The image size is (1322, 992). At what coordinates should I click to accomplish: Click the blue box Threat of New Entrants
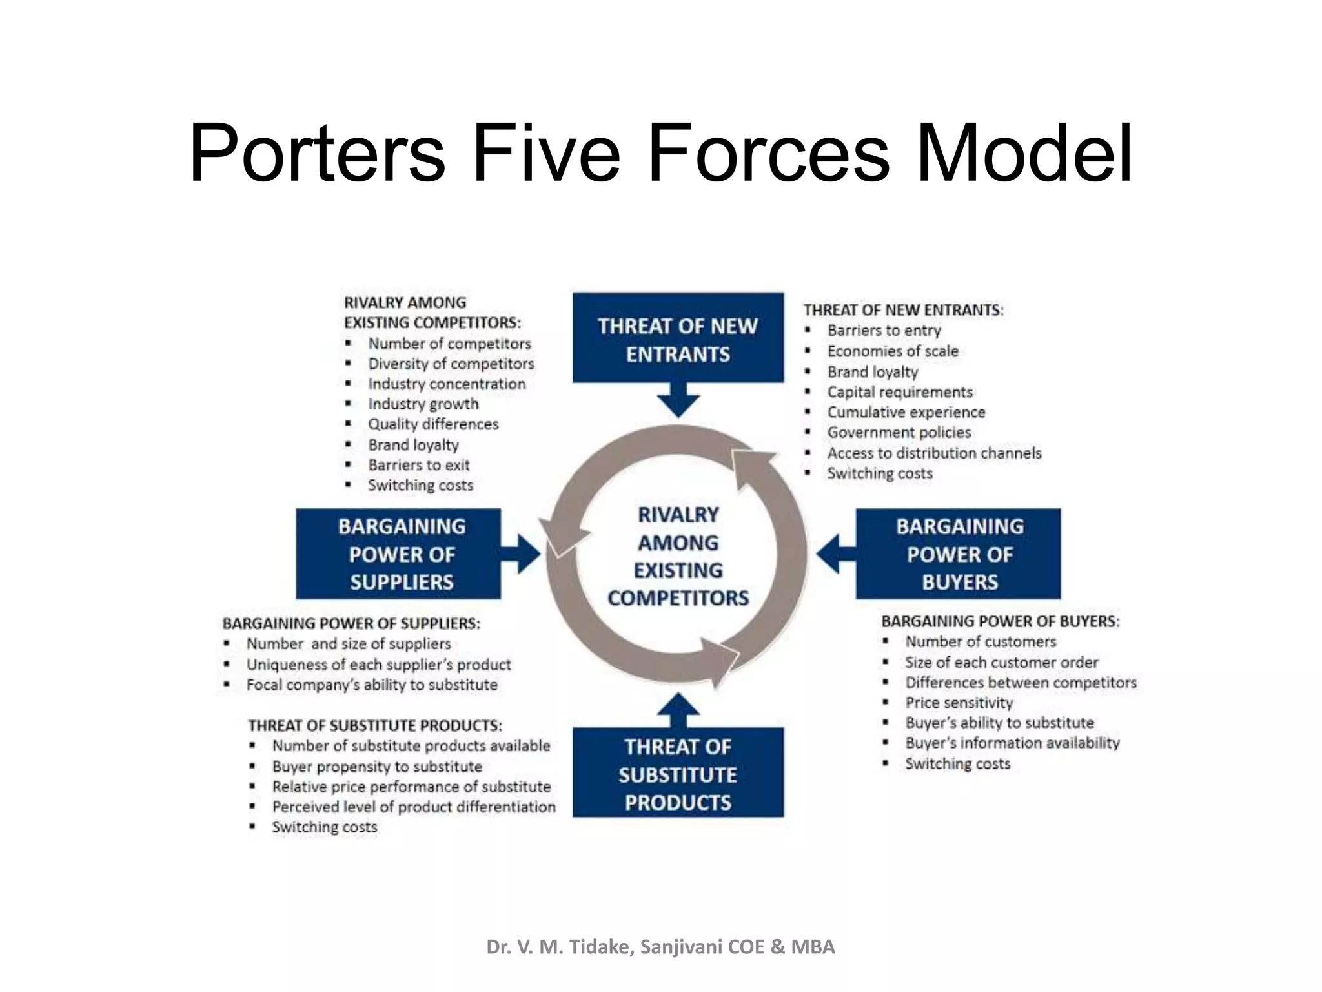click(x=678, y=338)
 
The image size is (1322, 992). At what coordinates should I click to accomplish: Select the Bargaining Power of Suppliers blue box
click(x=398, y=553)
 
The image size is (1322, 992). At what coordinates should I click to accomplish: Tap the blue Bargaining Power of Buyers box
click(x=958, y=553)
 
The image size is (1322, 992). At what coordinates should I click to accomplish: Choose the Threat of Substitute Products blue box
click(x=678, y=772)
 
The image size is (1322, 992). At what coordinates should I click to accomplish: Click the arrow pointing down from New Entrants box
click(x=678, y=400)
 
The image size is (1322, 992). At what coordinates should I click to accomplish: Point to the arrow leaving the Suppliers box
click(x=520, y=553)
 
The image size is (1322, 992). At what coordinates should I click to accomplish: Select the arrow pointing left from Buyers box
click(x=836, y=553)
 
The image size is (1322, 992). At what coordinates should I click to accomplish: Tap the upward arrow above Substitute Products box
click(x=678, y=710)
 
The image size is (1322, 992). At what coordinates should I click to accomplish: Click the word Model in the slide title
click(x=1024, y=154)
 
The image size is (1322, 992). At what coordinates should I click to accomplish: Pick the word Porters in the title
click(x=317, y=154)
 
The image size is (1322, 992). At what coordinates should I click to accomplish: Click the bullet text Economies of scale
click(x=893, y=351)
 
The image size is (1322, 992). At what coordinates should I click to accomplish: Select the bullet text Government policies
click(x=899, y=432)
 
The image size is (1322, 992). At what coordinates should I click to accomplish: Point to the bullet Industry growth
click(x=423, y=404)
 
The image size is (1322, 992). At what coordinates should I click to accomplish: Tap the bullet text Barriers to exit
click(x=419, y=465)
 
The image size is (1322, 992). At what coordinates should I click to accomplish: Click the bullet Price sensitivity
click(x=959, y=703)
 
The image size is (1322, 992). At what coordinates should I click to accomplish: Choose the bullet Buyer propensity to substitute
click(x=377, y=767)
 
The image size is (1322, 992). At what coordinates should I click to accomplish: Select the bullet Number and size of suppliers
click(x=349, y=644)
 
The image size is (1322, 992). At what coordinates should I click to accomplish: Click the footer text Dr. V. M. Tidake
click(x=560, y=947)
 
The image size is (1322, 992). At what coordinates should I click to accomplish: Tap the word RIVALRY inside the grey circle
click(x=678, y=515)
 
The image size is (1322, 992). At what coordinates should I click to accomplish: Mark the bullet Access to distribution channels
click(x=935, y=453)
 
